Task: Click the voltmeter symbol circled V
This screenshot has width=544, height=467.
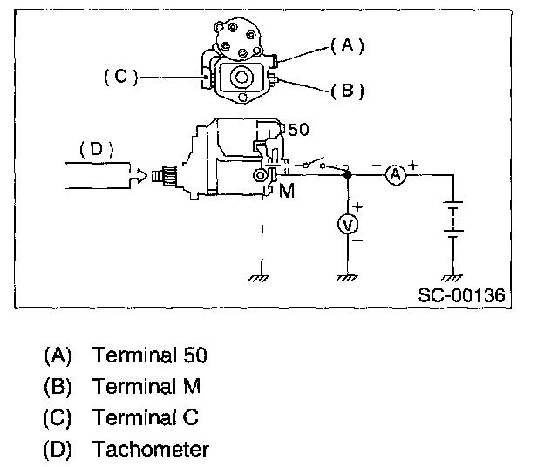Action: [348, 225]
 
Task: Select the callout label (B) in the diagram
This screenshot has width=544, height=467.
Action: [347, 90]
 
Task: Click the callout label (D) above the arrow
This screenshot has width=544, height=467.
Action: [97, 149]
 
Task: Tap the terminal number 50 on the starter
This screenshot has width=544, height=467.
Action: [298, 130]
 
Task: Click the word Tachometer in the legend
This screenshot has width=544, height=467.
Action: [151, 450]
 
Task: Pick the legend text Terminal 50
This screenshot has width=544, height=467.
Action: [150, 355]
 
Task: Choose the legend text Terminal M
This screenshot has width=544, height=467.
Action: [146, 386]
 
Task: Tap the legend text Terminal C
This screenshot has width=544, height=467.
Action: [146, 417]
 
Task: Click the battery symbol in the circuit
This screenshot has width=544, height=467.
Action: [452, 222]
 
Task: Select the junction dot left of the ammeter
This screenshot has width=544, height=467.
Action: [348, 175]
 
